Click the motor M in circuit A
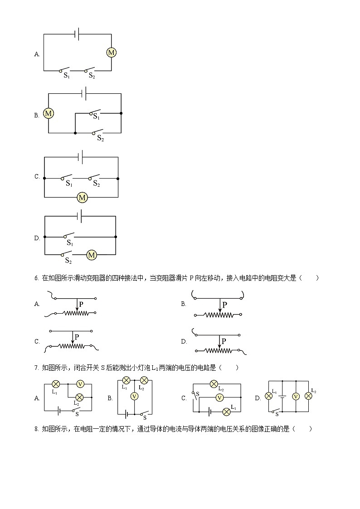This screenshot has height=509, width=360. (111, 53)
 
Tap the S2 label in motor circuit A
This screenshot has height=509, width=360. (92, 76)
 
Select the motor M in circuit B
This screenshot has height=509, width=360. (49, 113)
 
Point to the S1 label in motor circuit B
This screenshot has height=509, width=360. (96, 117)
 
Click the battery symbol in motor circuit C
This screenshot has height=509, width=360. (80, 157)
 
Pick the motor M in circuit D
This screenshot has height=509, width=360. (92, 255)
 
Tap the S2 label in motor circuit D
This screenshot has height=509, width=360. (68, 261)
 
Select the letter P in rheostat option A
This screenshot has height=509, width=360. (81, 304)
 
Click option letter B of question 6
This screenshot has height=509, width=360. (183, 304)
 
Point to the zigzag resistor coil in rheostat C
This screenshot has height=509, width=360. (73, 346)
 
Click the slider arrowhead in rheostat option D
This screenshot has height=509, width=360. (219, 347)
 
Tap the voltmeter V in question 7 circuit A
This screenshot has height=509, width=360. (80, 384)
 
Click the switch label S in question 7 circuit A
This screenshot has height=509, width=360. (77, 414)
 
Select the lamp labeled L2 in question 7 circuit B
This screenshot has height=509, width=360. (144, 380)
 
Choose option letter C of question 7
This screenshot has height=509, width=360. (184, 398)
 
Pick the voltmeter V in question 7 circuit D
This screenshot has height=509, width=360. (296, 396)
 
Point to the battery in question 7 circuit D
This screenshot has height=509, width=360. (282, 396)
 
